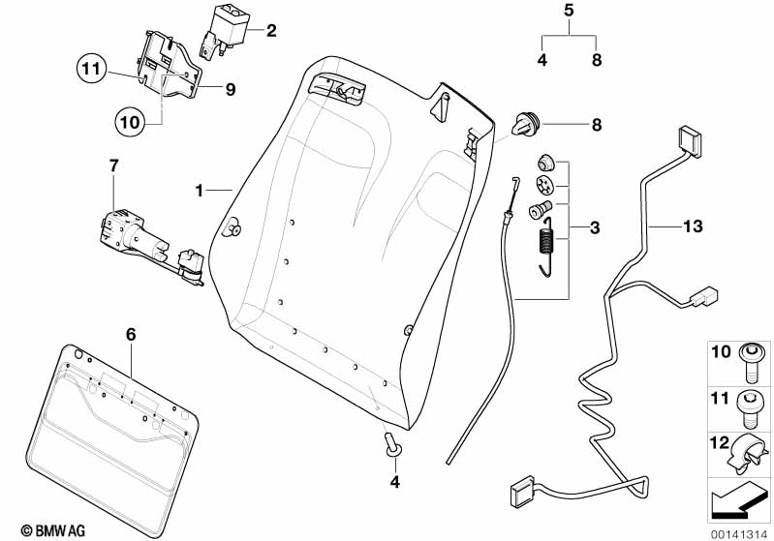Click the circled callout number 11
91,69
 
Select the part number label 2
271,31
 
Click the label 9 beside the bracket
231,90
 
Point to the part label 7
113,166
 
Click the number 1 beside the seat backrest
200,191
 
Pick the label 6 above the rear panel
132,335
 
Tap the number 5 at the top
569,12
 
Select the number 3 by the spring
594,228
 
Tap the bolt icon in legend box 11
753,402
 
